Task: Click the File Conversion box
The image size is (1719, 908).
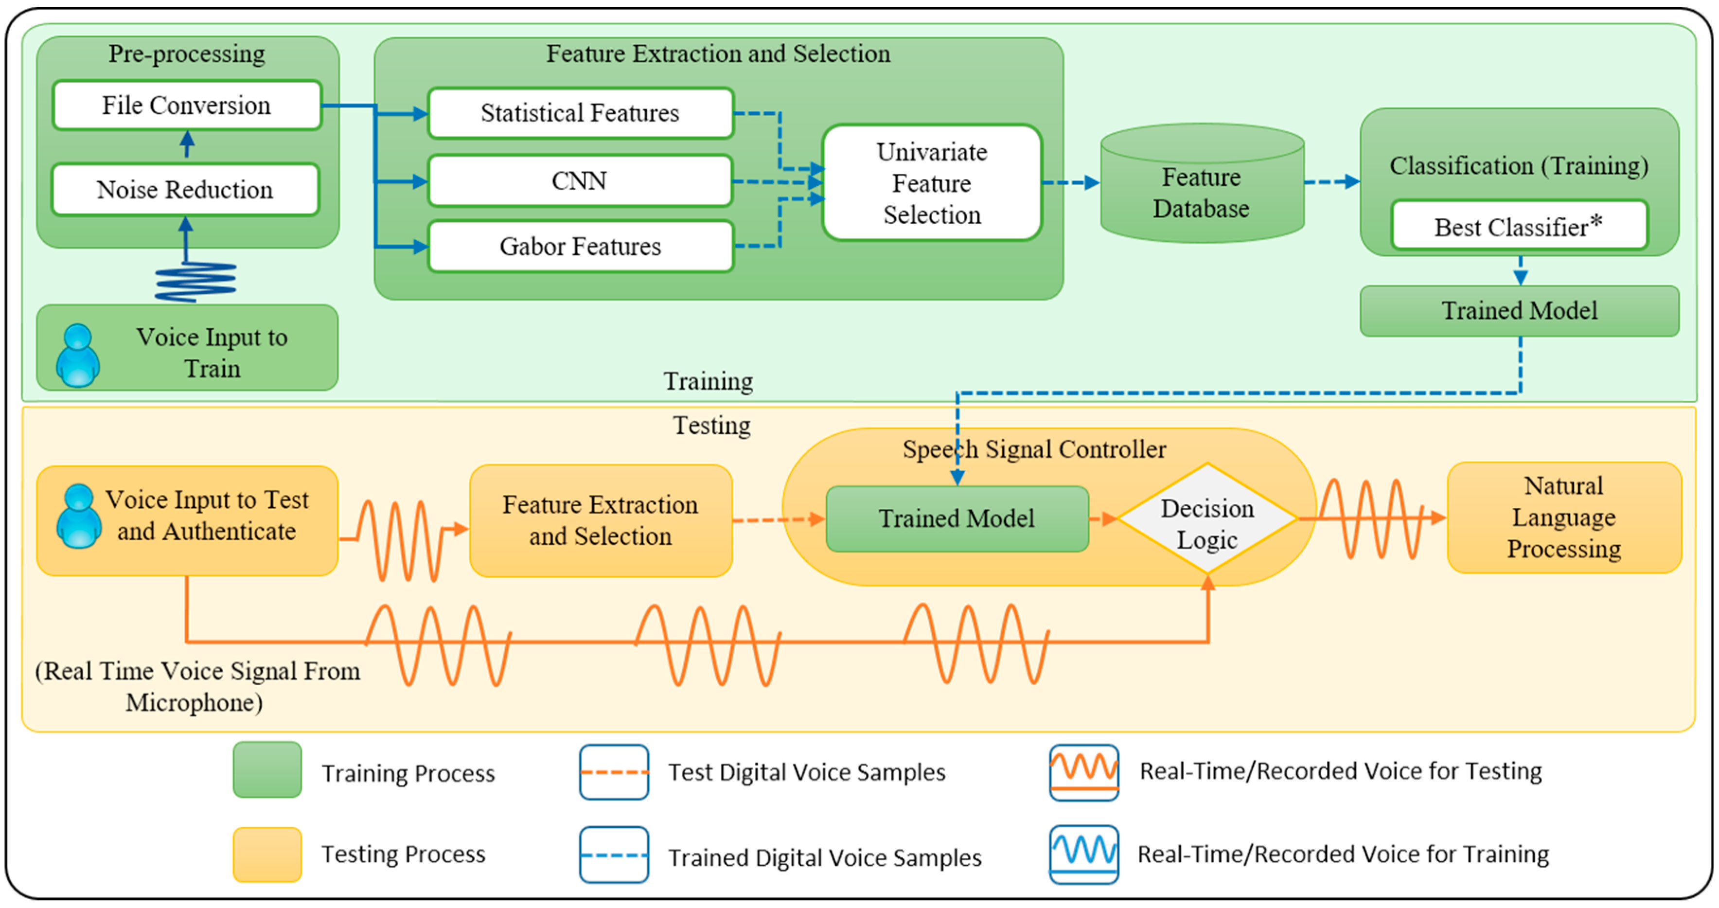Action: click(187, 105)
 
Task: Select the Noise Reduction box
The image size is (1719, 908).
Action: click(185, 190)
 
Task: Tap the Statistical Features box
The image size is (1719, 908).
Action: click(580, 113)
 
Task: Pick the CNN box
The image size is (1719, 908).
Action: click(579, 181)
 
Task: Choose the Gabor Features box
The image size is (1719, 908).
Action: click(580, 246)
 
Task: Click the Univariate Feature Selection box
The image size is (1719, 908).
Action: click(932, 183)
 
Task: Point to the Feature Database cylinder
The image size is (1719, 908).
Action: click(1201, 183)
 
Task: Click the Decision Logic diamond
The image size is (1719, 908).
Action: click(1207, 518)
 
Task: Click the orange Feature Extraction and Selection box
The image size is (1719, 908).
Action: click(601, 520)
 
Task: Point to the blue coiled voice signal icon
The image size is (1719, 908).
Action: click(195, 282)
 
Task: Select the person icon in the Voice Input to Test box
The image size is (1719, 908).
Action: click(79, 516)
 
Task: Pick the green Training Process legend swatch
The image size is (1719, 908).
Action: click(267, 769)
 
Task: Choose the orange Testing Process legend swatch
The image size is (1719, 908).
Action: click(267, 854)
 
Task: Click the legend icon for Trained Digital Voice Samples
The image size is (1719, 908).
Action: click(614, 855)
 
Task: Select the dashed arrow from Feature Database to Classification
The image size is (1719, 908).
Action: click(1331, 181)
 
